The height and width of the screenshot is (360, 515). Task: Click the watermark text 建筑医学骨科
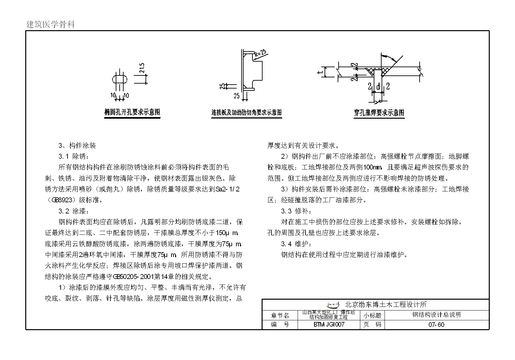click(50, 25)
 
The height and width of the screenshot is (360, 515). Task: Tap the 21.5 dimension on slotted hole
click(142, 68)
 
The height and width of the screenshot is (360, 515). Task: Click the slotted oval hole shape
click(120, 80)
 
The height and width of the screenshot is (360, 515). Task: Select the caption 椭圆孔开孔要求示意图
click(132, 112)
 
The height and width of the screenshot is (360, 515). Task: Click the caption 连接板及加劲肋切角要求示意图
click(247, 112)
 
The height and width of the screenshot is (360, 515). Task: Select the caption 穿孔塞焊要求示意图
click(379, 113)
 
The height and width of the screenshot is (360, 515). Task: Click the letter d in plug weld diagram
click(378, 87)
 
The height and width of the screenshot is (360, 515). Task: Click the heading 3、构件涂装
click(77, 146)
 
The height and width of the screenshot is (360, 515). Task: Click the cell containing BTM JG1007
click(329, 325)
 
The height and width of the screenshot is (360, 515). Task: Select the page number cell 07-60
click(436, 325)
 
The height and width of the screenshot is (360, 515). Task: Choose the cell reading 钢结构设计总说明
click(436, 315)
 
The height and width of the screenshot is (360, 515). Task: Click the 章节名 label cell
click(280, 315)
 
